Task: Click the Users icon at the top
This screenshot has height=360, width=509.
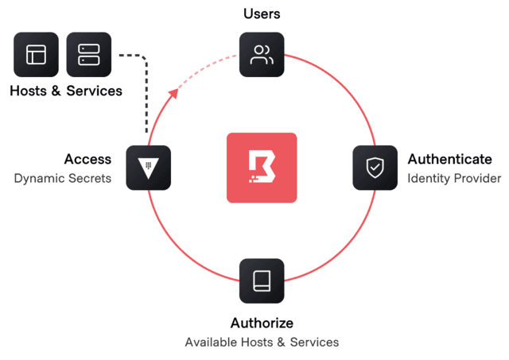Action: point(262,55)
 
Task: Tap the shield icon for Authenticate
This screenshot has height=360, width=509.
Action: point(375,168)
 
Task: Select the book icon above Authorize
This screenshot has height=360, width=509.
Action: point(262,281)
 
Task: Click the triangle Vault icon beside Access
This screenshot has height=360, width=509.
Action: point(148,168)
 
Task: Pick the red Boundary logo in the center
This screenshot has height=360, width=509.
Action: point(262,168)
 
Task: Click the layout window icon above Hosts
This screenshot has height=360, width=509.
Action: point(36,55)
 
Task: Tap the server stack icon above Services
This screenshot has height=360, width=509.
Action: point(88,55)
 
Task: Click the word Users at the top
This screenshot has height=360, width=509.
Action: point(262,14)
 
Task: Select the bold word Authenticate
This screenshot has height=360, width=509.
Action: point(449,160)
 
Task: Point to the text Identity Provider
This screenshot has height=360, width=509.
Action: point(453,178)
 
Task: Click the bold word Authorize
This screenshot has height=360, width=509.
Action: point(262,323)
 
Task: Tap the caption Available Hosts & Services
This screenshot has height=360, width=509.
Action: point(262,343)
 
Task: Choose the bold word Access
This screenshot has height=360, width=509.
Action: point(87,160)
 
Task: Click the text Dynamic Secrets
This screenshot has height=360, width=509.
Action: point(63,178)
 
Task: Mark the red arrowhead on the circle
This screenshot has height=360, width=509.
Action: point(174,93)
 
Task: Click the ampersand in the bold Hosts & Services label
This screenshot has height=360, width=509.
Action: point(56,91)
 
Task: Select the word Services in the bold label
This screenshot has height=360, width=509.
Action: point(94,91)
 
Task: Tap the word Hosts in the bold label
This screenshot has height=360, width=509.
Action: point(28,91)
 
